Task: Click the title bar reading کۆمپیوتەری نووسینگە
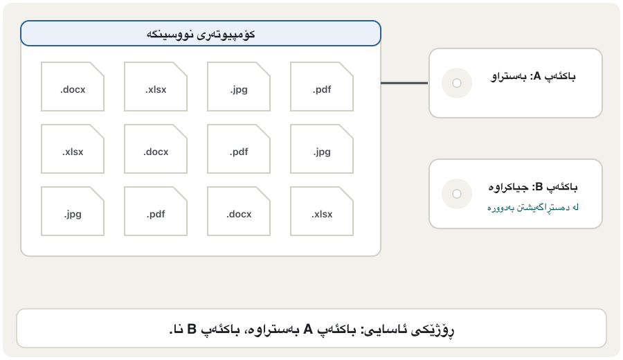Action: click(x=201, y=33)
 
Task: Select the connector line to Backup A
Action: click(x=404, y=83)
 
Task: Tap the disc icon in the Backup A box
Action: click(x=457, y=83)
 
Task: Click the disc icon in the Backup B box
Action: click(x=457, y=194)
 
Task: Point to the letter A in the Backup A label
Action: click(x=537, y=76)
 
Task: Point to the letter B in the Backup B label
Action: click(x=539, y=187)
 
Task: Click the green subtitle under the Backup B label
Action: click(x=533, y=208)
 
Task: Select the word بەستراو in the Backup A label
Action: click(x=509, y=76)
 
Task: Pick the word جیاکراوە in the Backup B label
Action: click(x=509, y=187)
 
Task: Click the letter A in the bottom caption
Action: click(x=308, y=330)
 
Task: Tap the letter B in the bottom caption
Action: click(x=192, y=330)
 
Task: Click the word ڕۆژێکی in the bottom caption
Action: click(x=433, y=330)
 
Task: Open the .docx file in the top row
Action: click(x=73, y=87)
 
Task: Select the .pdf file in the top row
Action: click(x=322, y=87)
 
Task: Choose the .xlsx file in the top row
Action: click(x=156, y=87)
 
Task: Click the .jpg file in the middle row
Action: click(x=322, y=149)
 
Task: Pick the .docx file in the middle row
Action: click(x=156, y=149)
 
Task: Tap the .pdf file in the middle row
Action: click(x=239, y=149)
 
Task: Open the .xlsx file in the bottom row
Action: click(x=322, y=211)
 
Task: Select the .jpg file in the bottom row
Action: click(x=73, y=211)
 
